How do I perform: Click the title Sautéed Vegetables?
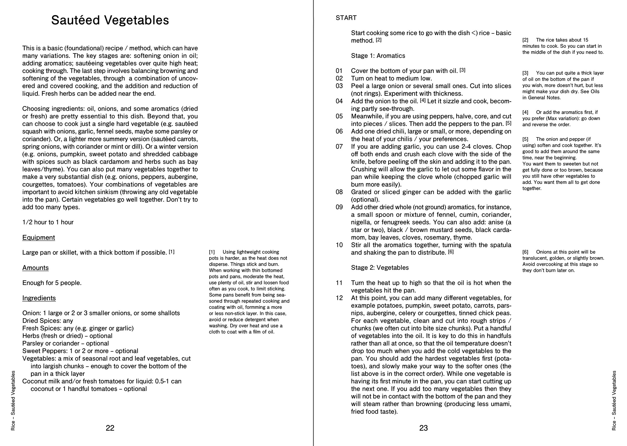[x=110, y=20]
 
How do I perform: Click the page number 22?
[x=110, y=428]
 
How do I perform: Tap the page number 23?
[x=423, y=428]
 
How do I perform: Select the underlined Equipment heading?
[x=38, y=238]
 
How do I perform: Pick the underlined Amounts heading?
[x=36, y=268]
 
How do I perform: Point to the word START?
[x=346, y=18]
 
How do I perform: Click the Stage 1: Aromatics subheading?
[x=378, y=56]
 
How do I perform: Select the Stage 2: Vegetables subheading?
[x=379, y=268]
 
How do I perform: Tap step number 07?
[x=339, y=146]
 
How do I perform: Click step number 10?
[x=339, y=245]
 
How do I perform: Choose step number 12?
[x=339, y=298]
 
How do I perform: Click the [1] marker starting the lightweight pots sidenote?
[x=212, y=252]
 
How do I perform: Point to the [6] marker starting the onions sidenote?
[x=525, y=252]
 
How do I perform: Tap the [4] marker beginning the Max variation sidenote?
[x=525, y=112]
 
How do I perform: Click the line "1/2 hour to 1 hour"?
[x=48, y=222]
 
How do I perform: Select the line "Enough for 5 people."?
[x=52, y=283]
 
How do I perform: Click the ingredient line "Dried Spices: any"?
[x=48, y=321]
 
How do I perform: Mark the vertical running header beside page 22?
[x=13, y=401]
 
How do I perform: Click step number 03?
[x=339, y=86]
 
